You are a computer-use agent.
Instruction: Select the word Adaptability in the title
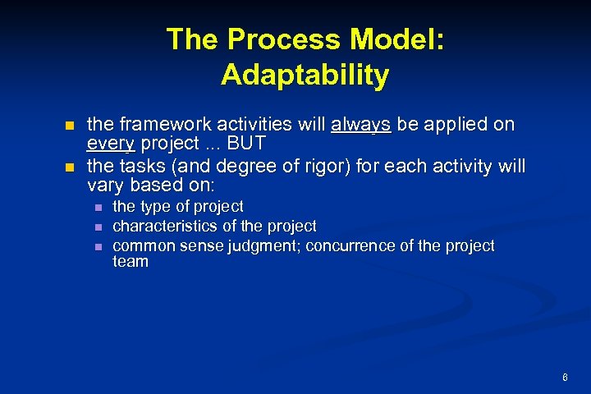point(305,75)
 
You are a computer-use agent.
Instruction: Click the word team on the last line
point(131,262)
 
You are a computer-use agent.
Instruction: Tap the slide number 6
point(565,378)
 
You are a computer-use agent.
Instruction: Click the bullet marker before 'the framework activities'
point(70,126)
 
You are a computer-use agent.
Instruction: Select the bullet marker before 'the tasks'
point(70,167)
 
